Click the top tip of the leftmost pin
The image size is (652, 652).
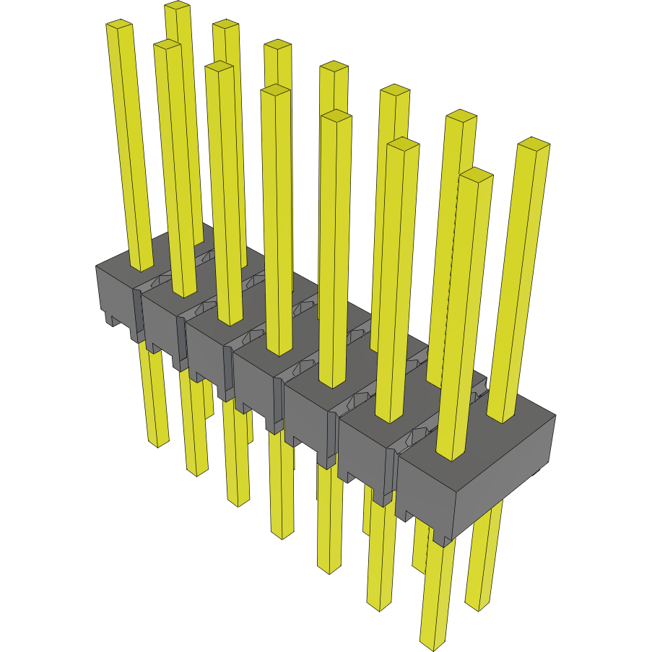[x=119, y=26]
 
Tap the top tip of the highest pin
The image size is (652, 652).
[x=177, y=6]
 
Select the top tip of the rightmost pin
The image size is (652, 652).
[x=534, y=143]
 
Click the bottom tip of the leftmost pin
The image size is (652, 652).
[x=157, y=442]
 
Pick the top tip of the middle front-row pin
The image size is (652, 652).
[x=275, y=90]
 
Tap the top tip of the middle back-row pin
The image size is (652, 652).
[x=334, y=67]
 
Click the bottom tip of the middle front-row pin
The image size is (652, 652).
[x=282, y=534]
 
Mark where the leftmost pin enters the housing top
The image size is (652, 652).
[x=142, y=267]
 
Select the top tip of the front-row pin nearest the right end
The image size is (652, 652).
[x=477, y=173]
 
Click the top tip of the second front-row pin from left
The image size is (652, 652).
[x=167, y=45]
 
